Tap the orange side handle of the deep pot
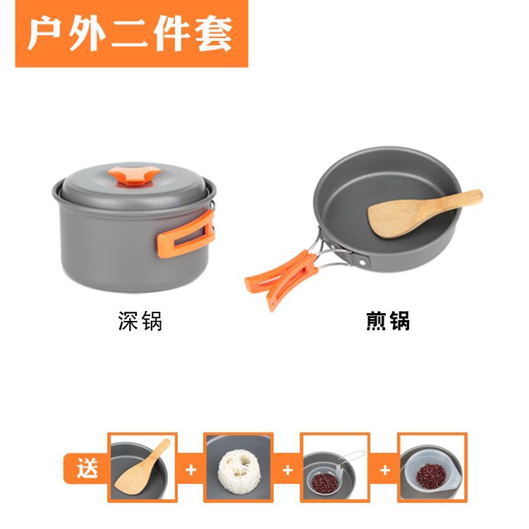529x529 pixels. [x=186, y=233]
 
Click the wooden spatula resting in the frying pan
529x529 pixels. [x=425, y=213]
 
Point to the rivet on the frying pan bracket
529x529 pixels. [x=363, y=262]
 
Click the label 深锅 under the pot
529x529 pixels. [x=140, y=320]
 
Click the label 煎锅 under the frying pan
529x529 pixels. [x=388, y=320]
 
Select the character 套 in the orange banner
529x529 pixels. [x=214, y=34]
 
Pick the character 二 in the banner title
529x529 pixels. [x=130, y=34]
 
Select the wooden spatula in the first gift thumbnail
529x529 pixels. [x=142, y=467]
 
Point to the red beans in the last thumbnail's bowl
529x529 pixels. [x=431, y=475]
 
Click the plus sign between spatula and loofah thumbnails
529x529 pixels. [x=190, y=469]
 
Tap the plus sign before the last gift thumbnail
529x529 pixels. [x=385, y=470]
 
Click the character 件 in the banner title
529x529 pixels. [x=172, y=34]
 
